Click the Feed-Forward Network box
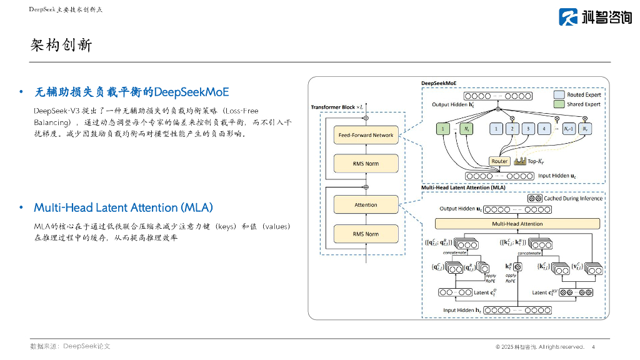pos(366,135)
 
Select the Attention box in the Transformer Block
pos(366,205)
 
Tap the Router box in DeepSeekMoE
pos(499,161)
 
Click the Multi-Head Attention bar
pos(517,224)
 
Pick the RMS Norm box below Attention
pos(366,234)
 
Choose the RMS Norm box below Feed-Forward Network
pos(366,164)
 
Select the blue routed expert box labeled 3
pos(528,129)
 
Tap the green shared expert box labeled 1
pos(442,129)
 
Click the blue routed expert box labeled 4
pos(544,129)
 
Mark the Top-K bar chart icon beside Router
pos(519,161)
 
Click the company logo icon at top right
pos(568,17)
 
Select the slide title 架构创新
pos(61,45)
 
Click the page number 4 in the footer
pos(592,347)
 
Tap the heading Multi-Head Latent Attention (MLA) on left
pos(123,207)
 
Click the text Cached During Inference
pos(573,199)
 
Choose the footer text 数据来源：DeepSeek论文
pos(70,346)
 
